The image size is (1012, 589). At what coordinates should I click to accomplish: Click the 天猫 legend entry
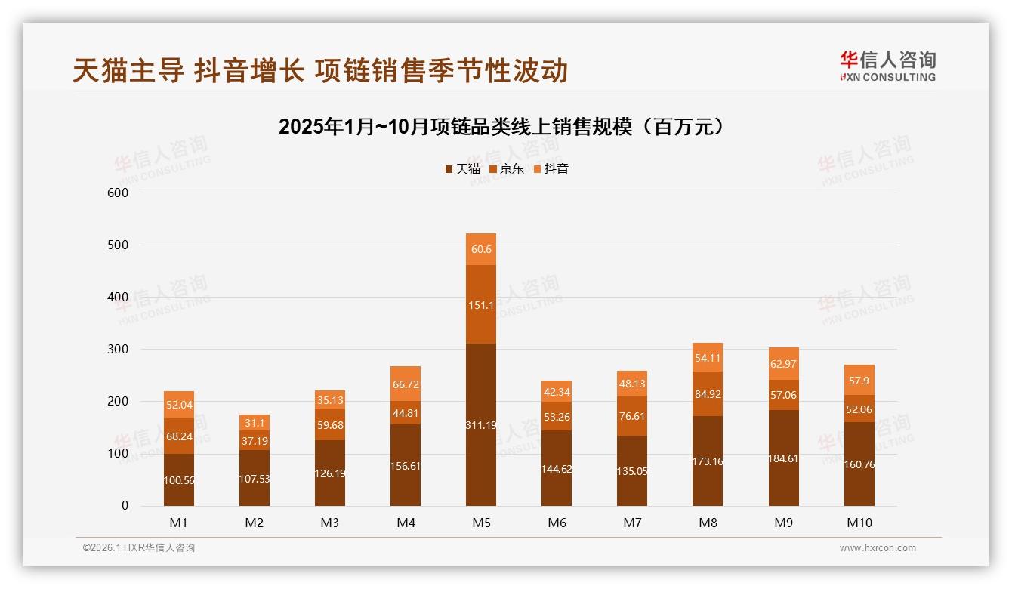click(462, 169)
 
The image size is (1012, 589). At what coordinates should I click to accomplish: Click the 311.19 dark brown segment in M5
click(481, 424)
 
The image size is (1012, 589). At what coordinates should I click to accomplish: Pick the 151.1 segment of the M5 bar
click(481, 304)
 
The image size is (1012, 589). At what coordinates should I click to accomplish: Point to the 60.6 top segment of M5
click(481, 249)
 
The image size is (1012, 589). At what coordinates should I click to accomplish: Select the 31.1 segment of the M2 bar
click(255, 423)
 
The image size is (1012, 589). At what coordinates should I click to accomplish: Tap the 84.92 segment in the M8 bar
click(708, 393)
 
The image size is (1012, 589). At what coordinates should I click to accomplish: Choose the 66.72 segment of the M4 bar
click(406, 384)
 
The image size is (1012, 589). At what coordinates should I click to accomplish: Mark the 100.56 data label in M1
click(179, 480)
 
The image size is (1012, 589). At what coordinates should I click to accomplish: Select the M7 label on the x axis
click(632, 523)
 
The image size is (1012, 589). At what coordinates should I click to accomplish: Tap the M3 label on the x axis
click(330, 523)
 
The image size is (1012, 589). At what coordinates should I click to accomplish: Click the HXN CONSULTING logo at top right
click(887, 66)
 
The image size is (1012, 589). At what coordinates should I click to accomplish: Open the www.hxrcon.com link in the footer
click(878, 548)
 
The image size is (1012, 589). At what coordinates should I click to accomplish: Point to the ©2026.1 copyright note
click(139, 548)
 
